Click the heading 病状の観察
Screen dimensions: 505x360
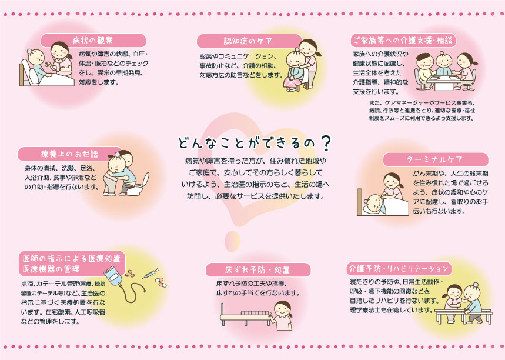pyautogui.click(x=93, y=40)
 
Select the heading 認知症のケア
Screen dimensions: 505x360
pyautogui.click(x=248, y=41)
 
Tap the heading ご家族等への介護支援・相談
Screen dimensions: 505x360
pyautogui.click(x=403, y=40)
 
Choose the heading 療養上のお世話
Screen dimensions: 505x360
pyautogui.click(x=69, y=154)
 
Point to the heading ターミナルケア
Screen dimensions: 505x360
pyautogui.click(x=435, y=159)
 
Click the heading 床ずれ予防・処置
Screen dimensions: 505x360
pyautogui.click(x=257, y=270)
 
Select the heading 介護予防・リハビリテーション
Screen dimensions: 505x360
pyautogui.click(x=399, y=268)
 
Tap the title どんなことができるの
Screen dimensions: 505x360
pyautogui.click(x=246, y=143)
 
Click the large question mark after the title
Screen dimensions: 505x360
pyautogui.click(x=326, y=143)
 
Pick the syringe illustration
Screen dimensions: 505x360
pyautogui.click(x=150, y=274)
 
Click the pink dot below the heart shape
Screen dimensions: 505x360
pyautogui.click(x=232, y=241)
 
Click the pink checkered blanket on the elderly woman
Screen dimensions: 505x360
pyautogui.click(x=292, y=84)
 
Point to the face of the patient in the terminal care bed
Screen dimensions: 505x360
pyautogui.click(x=373, y=203)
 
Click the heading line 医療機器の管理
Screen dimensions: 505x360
pyautogui.click(x=51, y=269)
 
